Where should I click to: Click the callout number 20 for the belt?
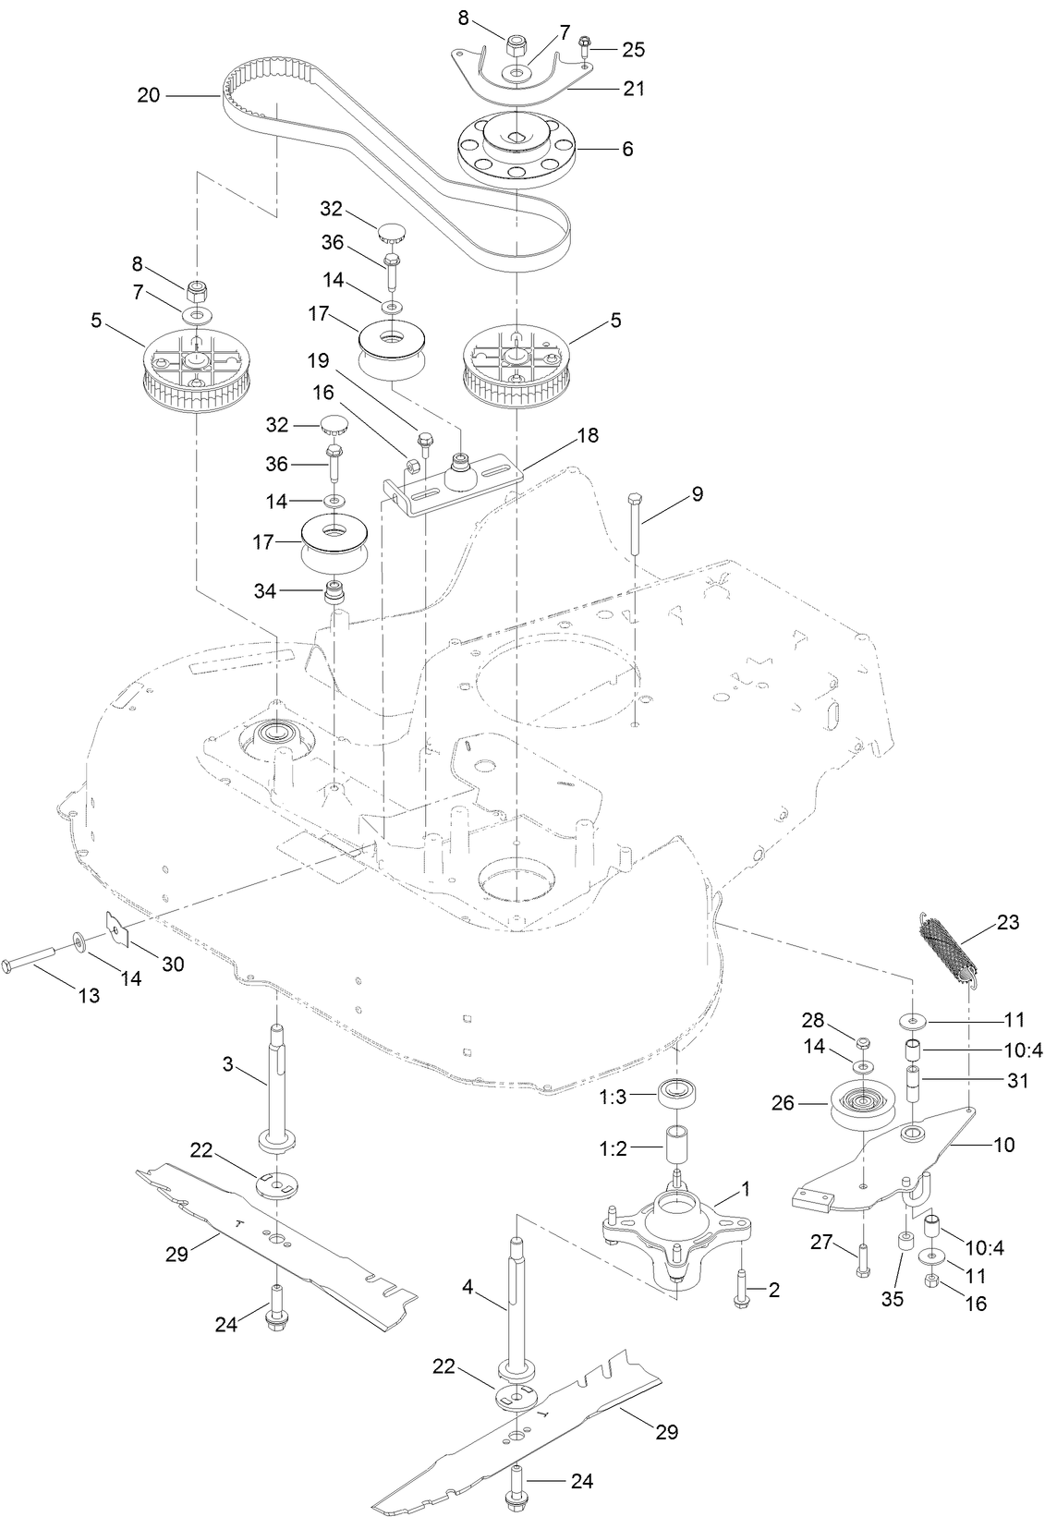pyautogui.click(x=149, y=94)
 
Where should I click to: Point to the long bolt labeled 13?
pyautogui.click(x=37, y=964)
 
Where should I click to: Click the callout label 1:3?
pyautogui.click(x=612, y=1097)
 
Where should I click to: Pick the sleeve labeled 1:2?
pyautogui.click(x=679, y=1146)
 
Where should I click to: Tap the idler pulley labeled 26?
pyautogui.click(x=861, y=1107)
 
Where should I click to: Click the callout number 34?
pyautogui.click(x=264, y=590)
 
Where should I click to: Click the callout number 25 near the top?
pyautogui.click(x=633, y=48)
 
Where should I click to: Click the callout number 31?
pyautogui.click(x=1016, y=1080)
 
